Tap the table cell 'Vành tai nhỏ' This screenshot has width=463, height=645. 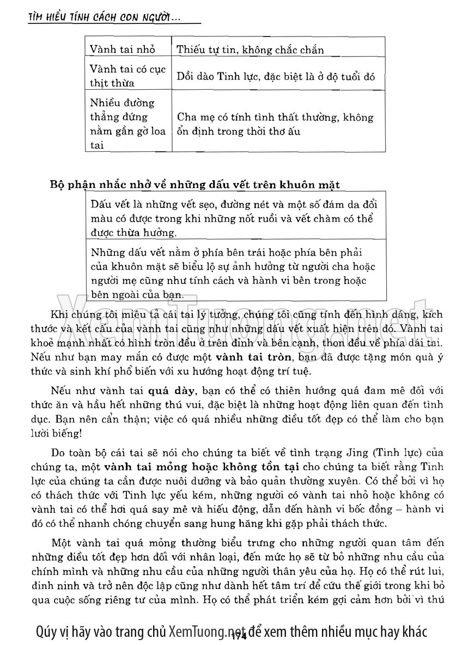pos(123,50)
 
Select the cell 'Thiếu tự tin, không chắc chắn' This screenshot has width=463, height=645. pos(250,50)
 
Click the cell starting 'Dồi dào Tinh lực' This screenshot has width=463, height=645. pos(276,77)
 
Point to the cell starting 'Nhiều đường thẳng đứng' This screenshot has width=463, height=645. pos(123,124)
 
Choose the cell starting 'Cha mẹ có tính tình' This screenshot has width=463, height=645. pos(275,124)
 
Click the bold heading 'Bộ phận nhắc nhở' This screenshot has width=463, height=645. pos(194,185)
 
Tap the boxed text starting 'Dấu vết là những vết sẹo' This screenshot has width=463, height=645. pos(234,218)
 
